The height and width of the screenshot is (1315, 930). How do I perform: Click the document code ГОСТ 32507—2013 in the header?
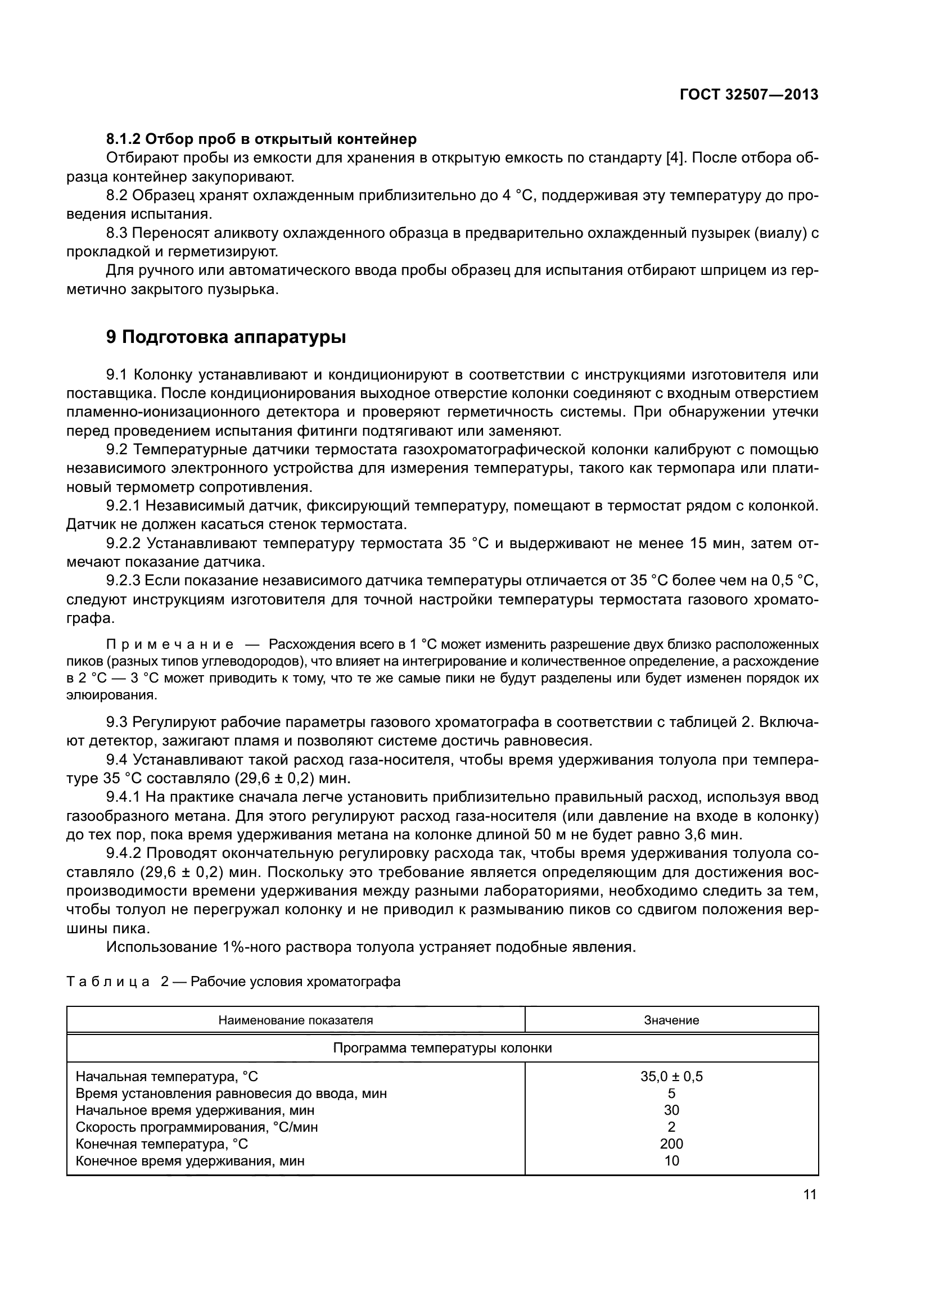pyautogui.click(x=748, y=95)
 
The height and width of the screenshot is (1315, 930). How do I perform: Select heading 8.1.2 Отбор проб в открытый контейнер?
pyautogui.click(x=261, y=139)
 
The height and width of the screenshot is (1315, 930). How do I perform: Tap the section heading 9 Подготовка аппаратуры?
pyautogui.click(x=225, y=337)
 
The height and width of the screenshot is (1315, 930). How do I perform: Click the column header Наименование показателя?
pyautogui.click(x=296, y=1020)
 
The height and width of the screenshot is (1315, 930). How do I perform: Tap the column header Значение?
pyautogui.click(x=671, y=1020)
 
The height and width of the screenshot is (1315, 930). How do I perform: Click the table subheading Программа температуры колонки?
pyautogui.click(x=442, y=1048)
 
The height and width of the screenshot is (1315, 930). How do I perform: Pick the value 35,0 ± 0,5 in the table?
pyautogui.click(x=671, y=1076)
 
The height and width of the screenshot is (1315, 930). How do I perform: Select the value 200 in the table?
pyautogui.click(x=671, y=1144)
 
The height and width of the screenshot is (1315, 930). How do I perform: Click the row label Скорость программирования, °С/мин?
pyautogui.click(x=196, y=1127)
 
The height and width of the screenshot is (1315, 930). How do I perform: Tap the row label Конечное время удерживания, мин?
pyautogui.click(x=189, y=1161)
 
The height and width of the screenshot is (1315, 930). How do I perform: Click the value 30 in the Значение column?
pyautogui.click(x=671, y=1110)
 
